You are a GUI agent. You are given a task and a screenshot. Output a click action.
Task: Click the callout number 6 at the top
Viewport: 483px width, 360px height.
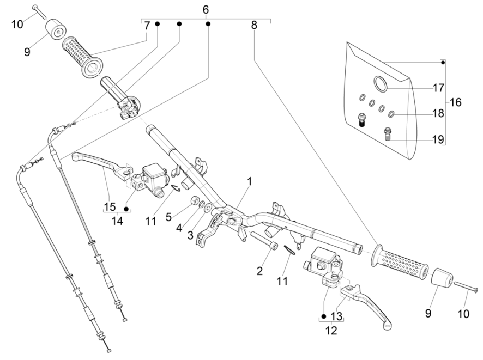(206, 10)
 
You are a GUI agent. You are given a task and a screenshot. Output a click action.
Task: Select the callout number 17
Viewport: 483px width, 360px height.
(438, 88)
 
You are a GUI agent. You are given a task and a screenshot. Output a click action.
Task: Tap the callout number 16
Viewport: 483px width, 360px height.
(456, 102)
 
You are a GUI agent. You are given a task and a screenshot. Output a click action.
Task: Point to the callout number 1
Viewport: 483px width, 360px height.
(250, 181)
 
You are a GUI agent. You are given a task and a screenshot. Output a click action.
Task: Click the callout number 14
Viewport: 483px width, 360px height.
(117, 221)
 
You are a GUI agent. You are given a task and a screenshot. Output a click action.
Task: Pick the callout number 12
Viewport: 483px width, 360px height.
(331, 331)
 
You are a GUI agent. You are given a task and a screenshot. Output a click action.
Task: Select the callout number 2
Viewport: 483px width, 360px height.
(259, 271)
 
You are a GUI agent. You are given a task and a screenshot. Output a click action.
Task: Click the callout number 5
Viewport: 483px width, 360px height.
(168, 217)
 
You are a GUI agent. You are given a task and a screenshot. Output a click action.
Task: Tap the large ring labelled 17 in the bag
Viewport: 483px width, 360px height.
(380, 83)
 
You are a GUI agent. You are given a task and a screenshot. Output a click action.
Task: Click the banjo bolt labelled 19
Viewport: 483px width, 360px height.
(388, 134)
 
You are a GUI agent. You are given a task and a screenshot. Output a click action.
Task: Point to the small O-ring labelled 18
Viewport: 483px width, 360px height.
(391, 114)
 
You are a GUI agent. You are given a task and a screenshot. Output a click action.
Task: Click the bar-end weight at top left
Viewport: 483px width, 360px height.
(56, 29)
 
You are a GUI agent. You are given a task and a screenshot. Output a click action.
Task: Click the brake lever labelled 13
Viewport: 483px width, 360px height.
(367, 304)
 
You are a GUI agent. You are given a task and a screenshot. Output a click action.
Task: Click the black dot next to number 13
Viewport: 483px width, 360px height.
(323, 316)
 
